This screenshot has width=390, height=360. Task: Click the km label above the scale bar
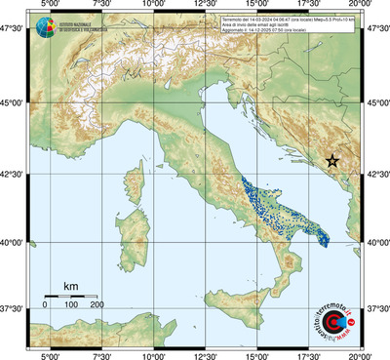point(70,286)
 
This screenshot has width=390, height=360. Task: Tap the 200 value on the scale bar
point(97,305)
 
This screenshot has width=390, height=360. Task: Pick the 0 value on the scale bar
point(45,305)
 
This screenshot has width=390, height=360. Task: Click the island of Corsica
point(136,176)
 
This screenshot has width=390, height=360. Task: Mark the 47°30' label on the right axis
point(376,29)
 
